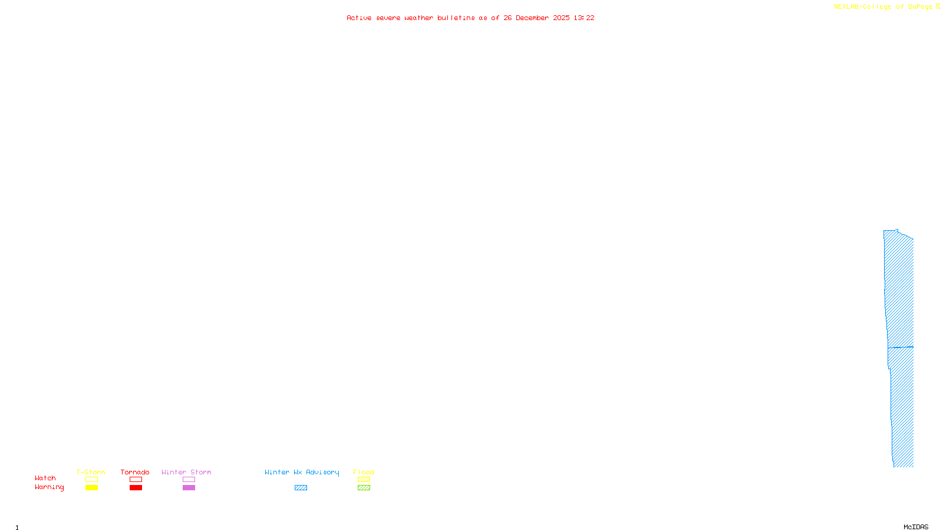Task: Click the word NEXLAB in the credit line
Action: click(x=846, y=7)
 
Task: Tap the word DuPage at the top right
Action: click(x=920, y=7)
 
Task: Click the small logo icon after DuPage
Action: click(x=938, y=6)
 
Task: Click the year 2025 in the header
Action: click(x=561, y=18)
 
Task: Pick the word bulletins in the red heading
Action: click(x=456, y=18)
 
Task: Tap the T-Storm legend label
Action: click(x=91, y=472)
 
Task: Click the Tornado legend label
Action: click(x=135, y=472)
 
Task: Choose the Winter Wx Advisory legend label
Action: click(x=302, y=472)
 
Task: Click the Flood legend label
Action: click(x=364, y=472)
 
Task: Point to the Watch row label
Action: click(x=45, y=478)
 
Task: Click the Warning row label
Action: click(x=49, y=487)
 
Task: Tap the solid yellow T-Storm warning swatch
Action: click(x=91, y=488)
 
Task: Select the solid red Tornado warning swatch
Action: click(x=136, y=488)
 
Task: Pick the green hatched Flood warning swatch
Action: click(x=364, y=488)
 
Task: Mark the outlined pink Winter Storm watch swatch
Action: click(x=189, y=480)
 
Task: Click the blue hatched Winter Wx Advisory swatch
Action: click(x=301, y=488)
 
